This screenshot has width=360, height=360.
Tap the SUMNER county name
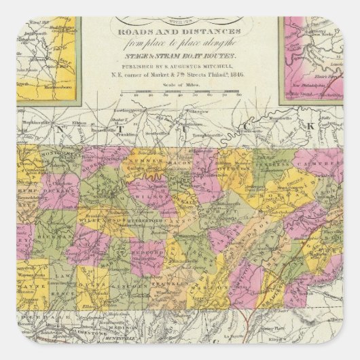click(139, 162)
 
